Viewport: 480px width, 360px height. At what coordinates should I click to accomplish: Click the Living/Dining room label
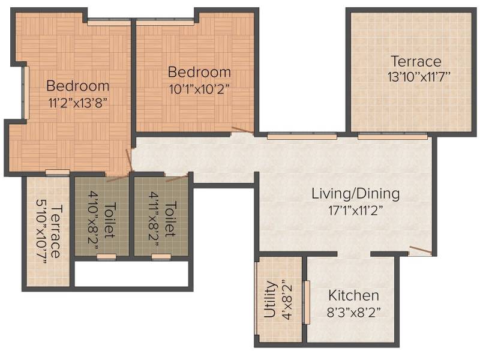point(355,194)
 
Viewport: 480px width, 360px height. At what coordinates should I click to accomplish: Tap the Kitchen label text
point(353,296)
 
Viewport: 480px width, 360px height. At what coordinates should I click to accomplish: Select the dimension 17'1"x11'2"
point(355,211)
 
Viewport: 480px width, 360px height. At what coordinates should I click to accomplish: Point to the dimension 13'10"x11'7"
point(419,77)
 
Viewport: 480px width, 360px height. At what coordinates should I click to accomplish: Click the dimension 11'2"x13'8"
point(78,103)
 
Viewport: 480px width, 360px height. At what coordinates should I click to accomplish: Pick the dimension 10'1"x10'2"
point(199,89)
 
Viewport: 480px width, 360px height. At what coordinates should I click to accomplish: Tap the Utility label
point(270,299)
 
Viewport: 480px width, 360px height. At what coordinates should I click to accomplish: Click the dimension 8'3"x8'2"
point(353,313)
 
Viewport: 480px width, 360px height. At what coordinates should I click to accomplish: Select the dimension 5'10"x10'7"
point(41,231)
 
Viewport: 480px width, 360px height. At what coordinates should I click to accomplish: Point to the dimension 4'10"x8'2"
point(93,220)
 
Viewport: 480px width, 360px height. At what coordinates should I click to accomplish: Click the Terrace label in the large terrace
point(416,61)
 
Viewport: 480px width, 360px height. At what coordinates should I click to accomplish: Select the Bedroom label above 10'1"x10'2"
point(199,72)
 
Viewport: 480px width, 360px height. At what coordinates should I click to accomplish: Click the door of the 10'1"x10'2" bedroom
point(243,130)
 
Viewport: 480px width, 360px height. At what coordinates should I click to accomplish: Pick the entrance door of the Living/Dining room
point(421,250)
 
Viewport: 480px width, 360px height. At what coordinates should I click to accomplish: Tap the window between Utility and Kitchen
point(306,302)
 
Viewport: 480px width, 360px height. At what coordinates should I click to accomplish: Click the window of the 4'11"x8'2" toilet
point(161,257)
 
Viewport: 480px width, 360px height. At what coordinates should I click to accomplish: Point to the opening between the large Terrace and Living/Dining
point(392,137)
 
